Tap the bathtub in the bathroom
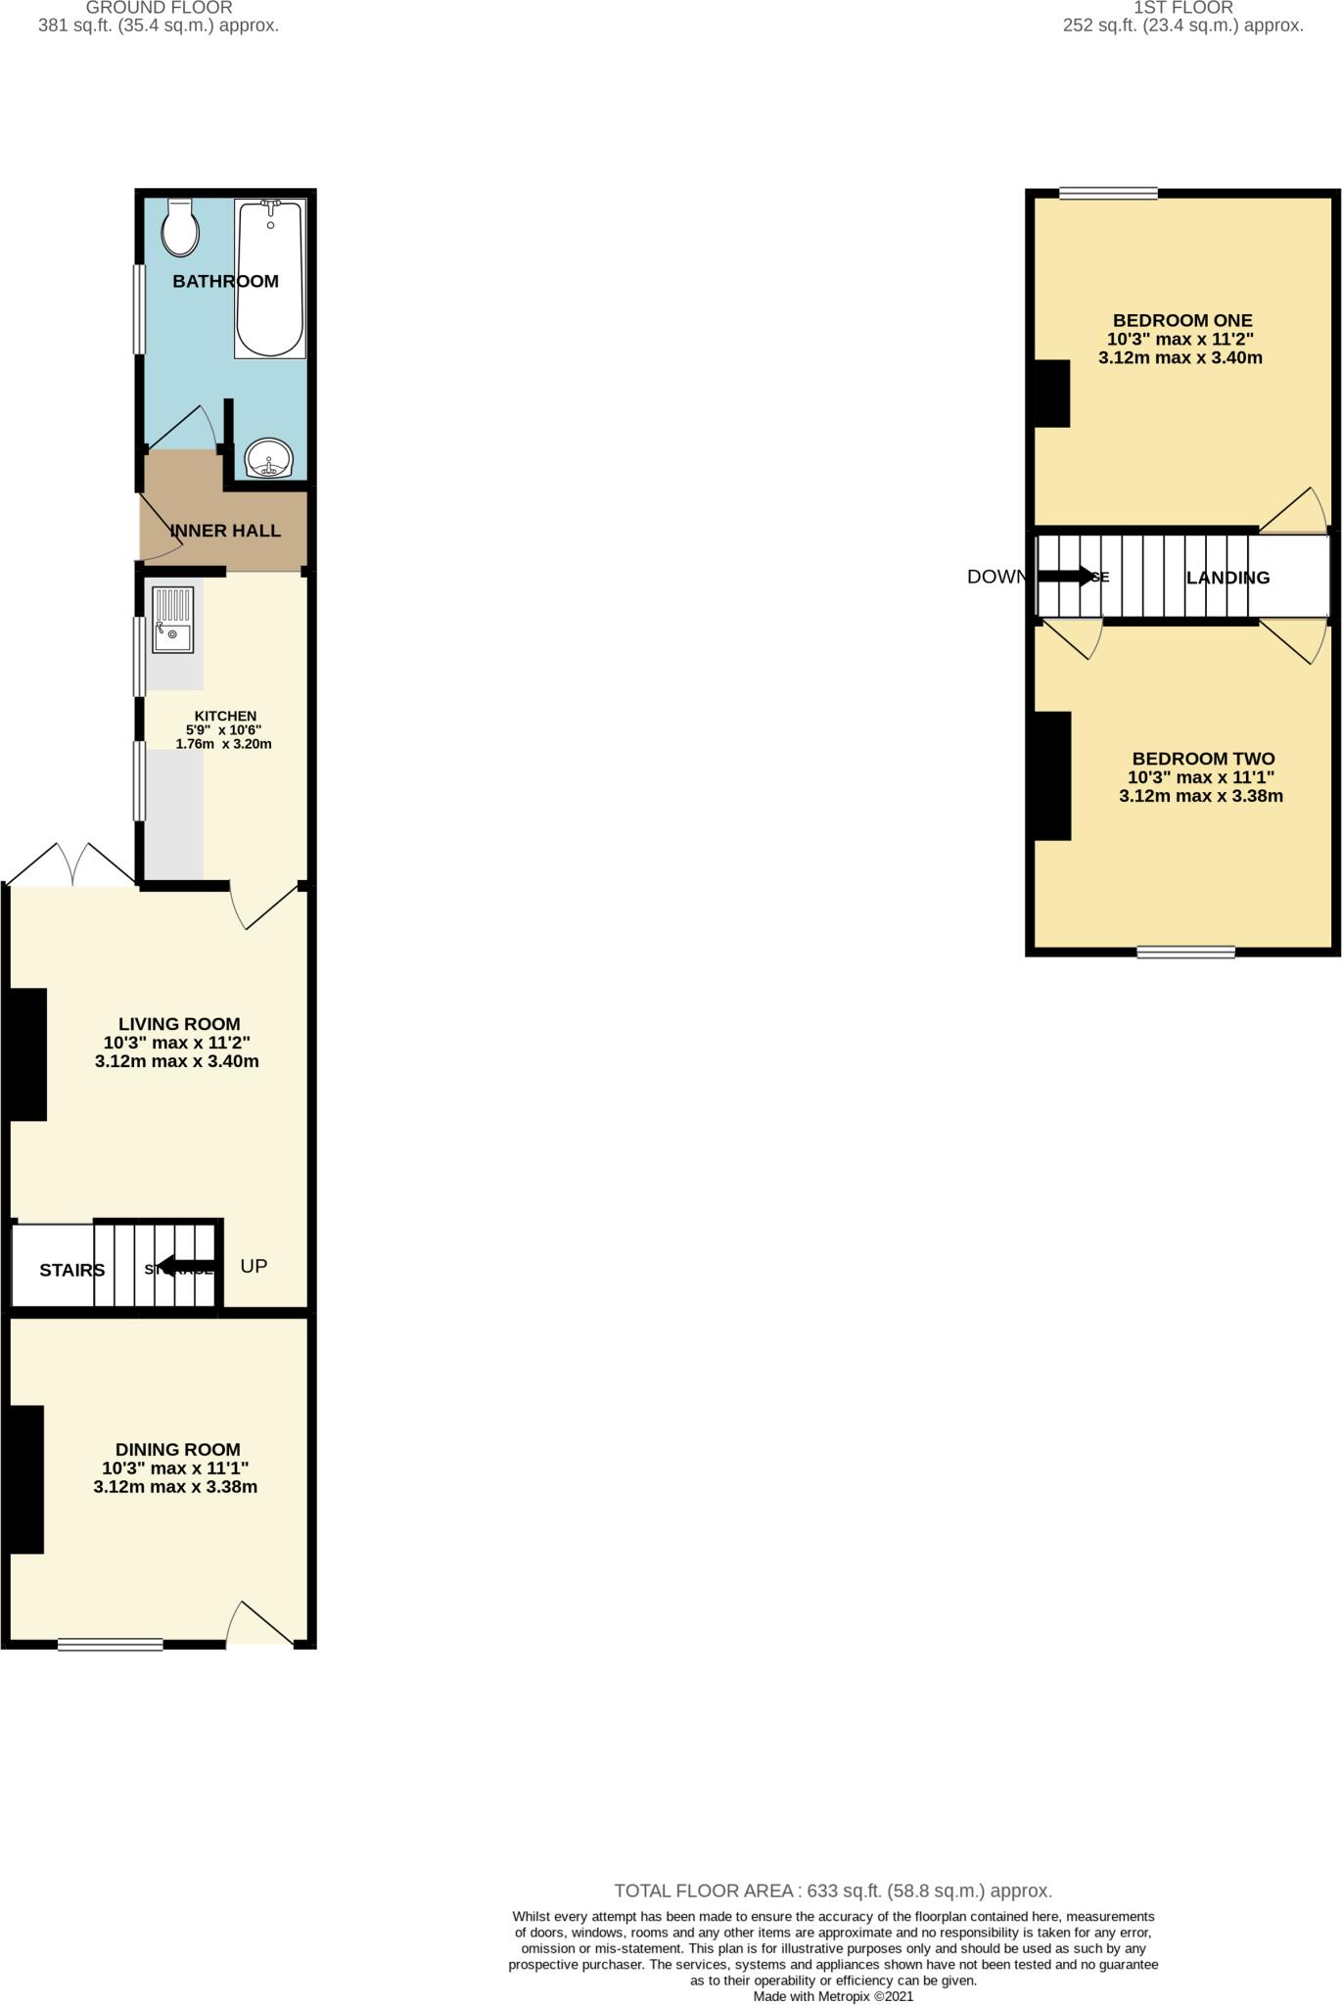click(270, 279)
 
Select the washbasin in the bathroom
click(269, 458)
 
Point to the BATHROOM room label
click(225, 282)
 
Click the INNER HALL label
click(225, 531)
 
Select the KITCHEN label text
click(225, 717)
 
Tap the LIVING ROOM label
click(179, 1024)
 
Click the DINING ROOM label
click(177, 1450)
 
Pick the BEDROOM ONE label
click(1182, 320)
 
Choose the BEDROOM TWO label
click(1203, 759)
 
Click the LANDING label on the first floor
click(1227, 578)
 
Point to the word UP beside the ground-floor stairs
click(254, 1266)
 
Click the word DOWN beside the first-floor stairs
click(995, 577)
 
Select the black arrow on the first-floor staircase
click(1067, 576)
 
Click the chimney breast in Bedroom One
click(1052, 394)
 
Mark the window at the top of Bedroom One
click(1108, 193)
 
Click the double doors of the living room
click(71, 865)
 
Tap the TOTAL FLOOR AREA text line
click(833, 1890)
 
